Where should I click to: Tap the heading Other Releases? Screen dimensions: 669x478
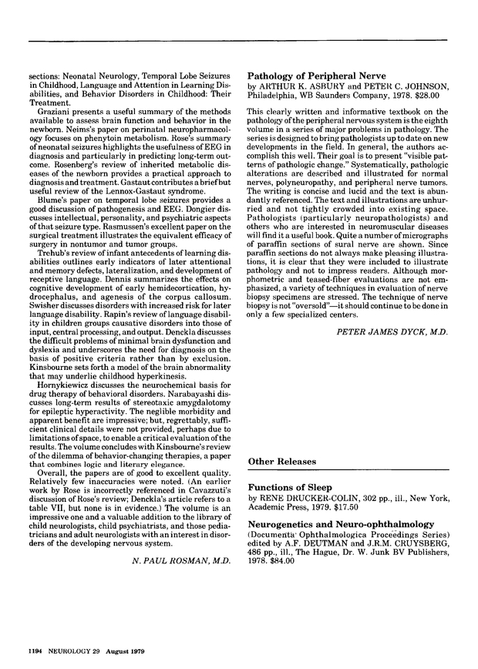click(x=281, y=462)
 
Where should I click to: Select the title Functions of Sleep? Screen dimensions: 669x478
click(x=289, y=488)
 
